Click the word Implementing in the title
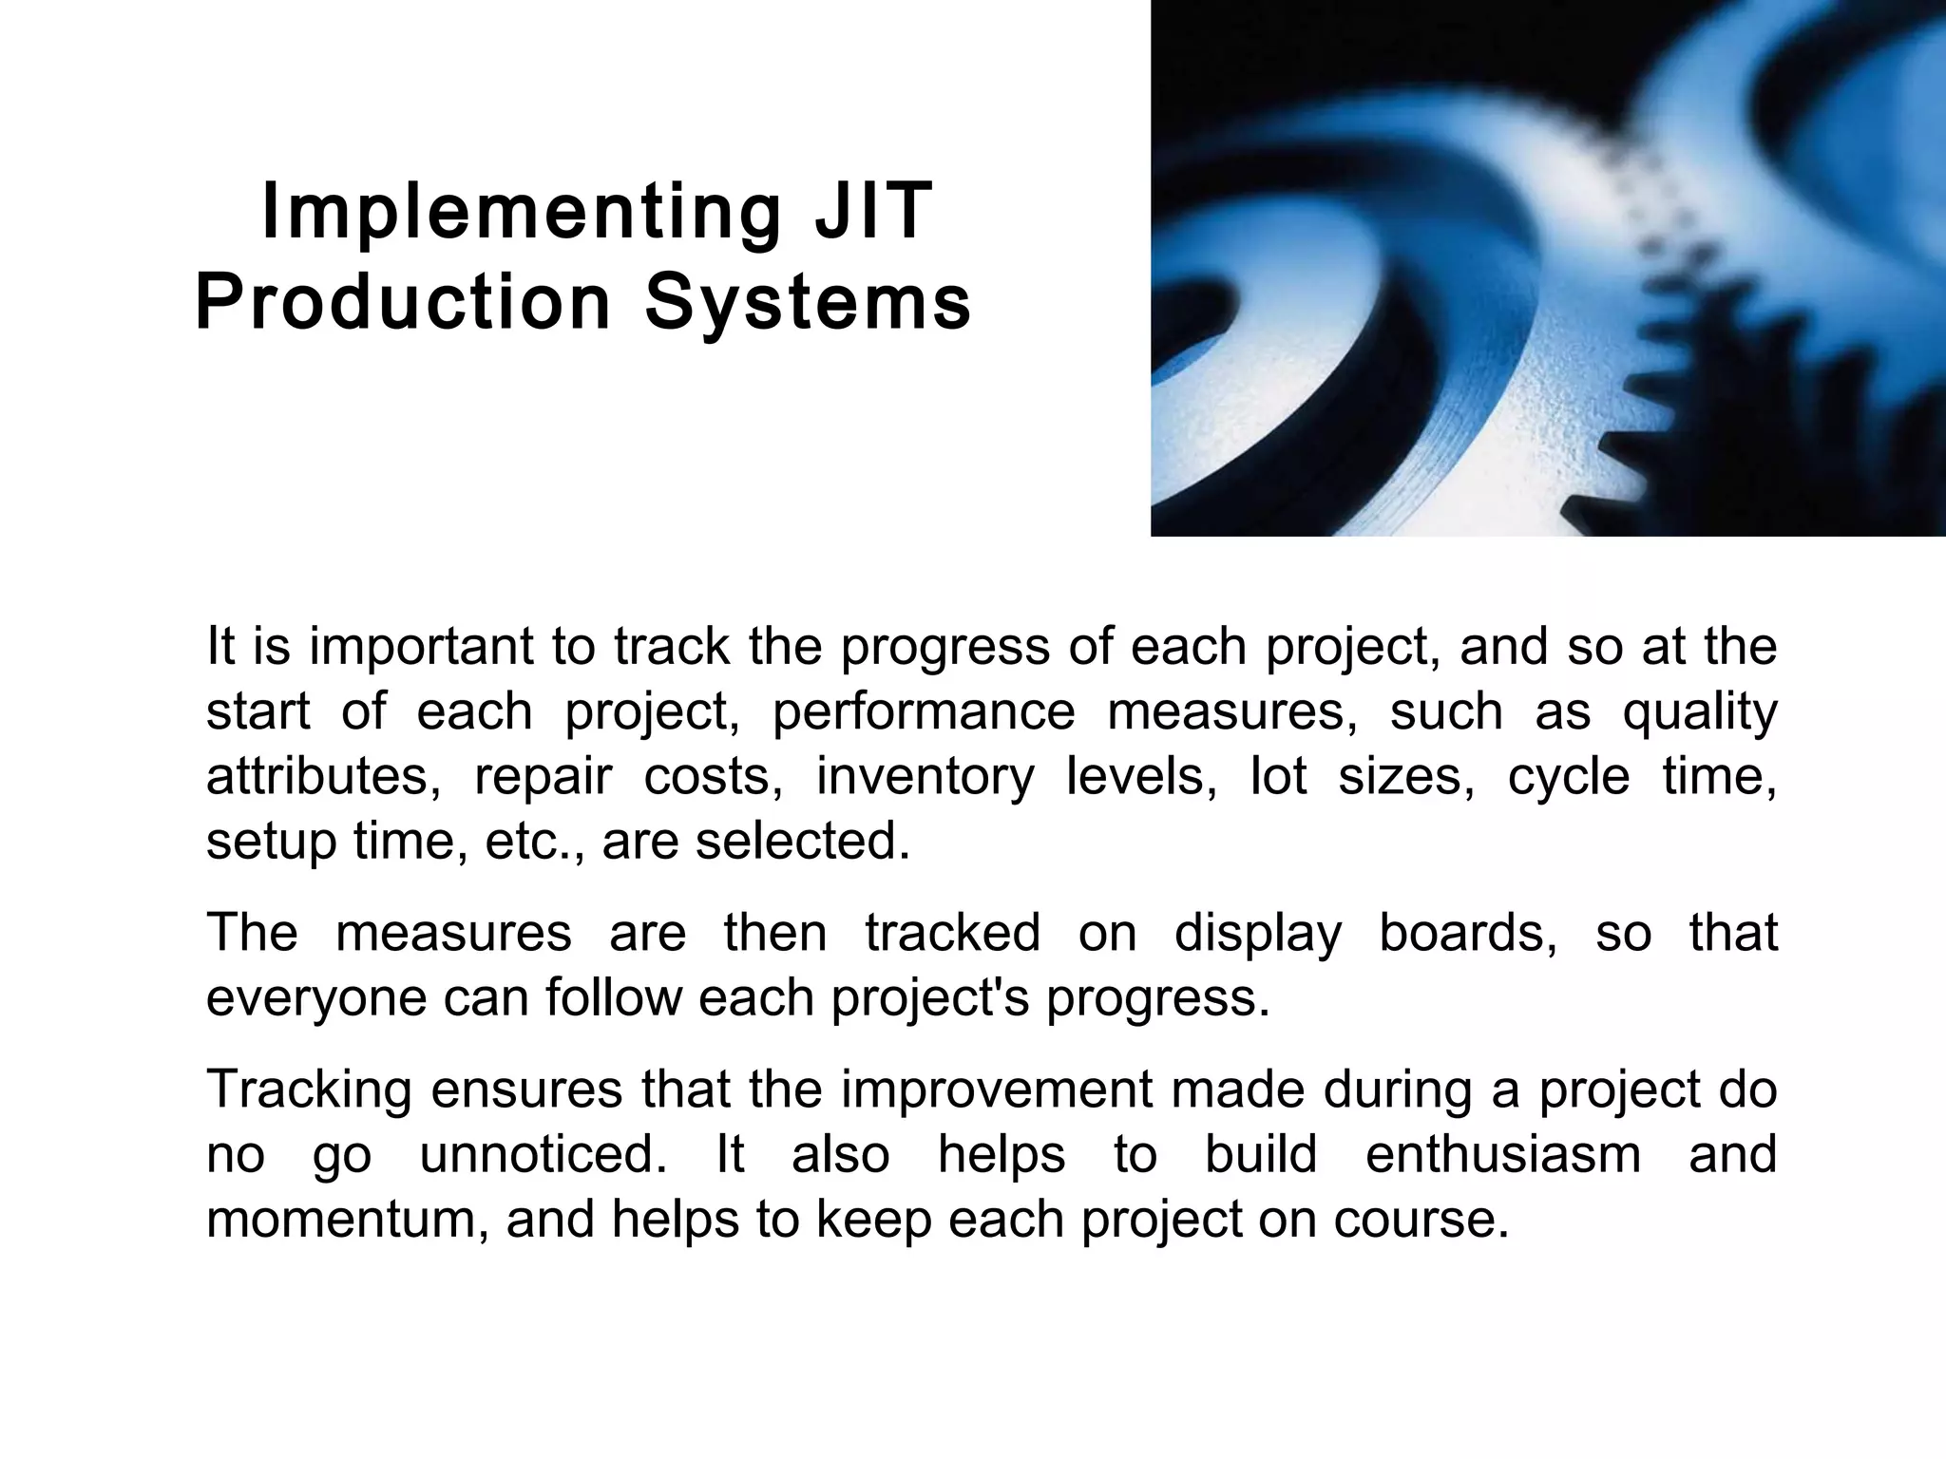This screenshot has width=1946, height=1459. [x=521, y=213]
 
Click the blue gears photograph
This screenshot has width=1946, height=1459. [x=1548, y=268]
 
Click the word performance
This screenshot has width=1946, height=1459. [x=923, y=712]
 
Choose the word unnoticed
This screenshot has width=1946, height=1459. [x=544, y=1155]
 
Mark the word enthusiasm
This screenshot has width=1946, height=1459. [x=1503, y=1155]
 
